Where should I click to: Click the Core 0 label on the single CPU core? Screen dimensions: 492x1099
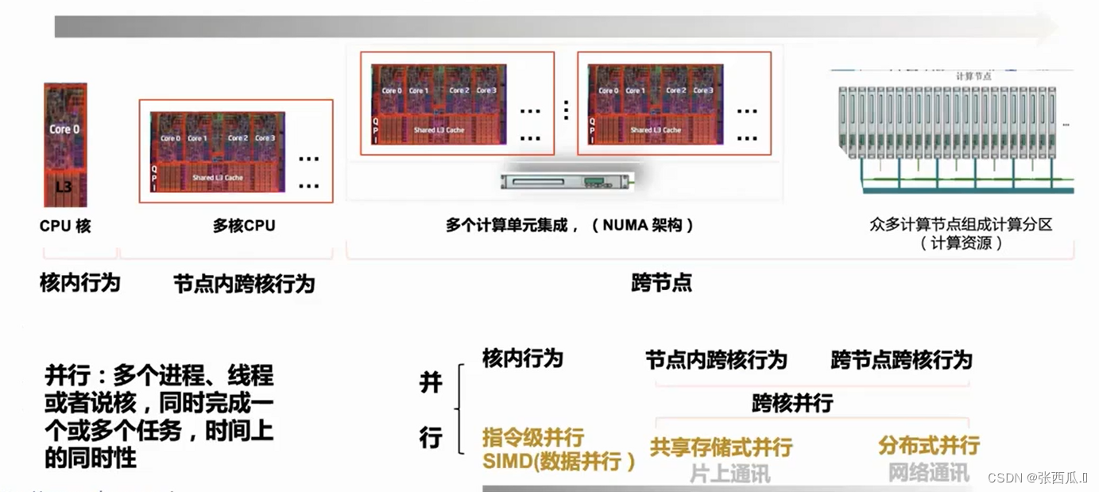64,129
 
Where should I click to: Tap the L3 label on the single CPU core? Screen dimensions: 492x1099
64,188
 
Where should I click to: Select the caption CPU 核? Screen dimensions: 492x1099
65,226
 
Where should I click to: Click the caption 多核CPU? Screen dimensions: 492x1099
244,226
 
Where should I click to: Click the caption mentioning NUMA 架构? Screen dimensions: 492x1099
570,226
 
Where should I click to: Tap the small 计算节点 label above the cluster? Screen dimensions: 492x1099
973,76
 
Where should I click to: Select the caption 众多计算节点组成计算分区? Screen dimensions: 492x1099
961,225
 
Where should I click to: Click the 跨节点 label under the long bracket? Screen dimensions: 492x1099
662,283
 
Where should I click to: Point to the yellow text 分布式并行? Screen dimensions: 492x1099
928,445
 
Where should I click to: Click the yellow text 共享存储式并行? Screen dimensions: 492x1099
721,447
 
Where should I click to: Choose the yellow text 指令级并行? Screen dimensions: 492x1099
533,437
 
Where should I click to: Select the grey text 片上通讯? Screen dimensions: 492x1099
729,474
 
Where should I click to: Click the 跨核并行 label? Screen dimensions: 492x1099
792,403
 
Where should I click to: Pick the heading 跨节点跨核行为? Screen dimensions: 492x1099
901,360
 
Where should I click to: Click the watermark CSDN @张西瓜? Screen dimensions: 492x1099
1036,477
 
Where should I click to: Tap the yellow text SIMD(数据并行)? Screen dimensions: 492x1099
559,462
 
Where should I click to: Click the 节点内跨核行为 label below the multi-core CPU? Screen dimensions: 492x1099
244,284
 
